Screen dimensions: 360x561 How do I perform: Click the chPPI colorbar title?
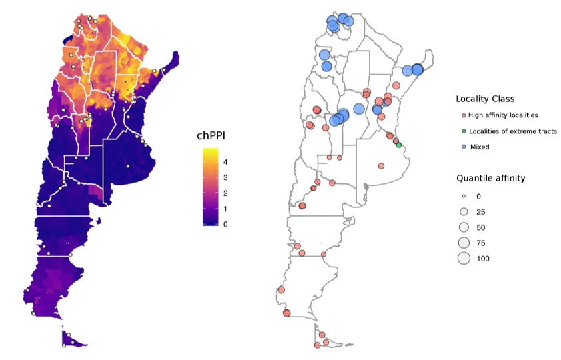pyautogui.click(x=213, y=135)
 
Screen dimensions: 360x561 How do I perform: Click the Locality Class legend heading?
pyautogui.click(x=485, y=99)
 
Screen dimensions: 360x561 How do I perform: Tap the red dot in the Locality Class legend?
pyautogui.click(x=464, y=115)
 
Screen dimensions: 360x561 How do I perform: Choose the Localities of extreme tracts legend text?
pyautogui.click(x=513, y=131)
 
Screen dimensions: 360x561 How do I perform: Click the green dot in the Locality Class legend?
pyautogui.click(x=464, y=131)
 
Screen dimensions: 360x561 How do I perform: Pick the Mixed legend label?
pyautogui.click(x=480, y=147)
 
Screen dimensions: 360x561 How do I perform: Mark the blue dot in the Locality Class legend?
pyautogui.click(x=464, y=147)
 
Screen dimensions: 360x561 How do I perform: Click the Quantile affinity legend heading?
pyautogui.click(x=490, y=178)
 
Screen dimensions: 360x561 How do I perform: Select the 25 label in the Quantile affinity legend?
pyautogui.click(x=481, y=211)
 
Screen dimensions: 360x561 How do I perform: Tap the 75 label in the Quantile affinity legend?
pyautogui.click(x=481, y=243)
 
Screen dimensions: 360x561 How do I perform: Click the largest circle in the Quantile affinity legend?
pyautogui.click(x=464, y=259)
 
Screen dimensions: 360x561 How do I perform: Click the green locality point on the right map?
pyautogui.click(x=399, y=145)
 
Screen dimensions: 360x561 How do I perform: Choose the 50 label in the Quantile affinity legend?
pyautogui.click(x=481, y=227)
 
